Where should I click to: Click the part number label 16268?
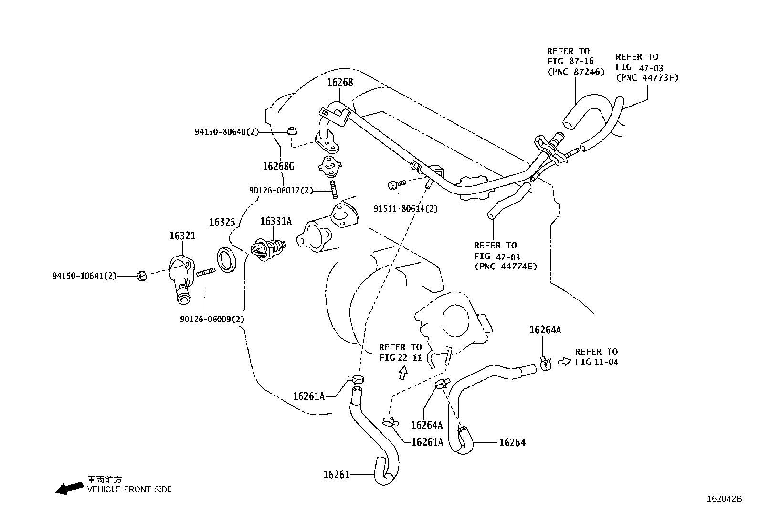339,82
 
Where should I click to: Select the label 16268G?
278,166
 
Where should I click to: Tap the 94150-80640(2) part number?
226,131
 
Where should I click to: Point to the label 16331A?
275,222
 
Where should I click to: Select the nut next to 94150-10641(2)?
141,276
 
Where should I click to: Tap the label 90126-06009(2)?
212,319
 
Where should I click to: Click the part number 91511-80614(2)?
405,208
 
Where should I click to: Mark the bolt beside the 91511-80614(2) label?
396,184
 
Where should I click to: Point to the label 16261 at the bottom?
336,474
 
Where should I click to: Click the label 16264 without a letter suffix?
512,443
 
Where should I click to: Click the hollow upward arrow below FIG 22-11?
403,373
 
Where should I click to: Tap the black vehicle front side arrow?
69,488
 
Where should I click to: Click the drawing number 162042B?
724,499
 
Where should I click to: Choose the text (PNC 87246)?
575,72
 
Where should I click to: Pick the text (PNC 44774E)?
506,267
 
